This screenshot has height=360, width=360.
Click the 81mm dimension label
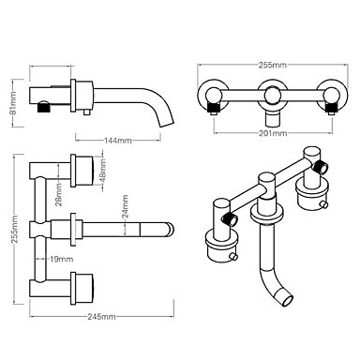pos(13,103)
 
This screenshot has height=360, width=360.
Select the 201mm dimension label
pos(273,133)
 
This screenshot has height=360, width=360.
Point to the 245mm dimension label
pos(101,317)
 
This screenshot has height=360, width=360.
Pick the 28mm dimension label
pos(59,194)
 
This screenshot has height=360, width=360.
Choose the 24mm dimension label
pos(125,206)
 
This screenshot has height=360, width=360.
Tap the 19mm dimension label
pos(62,259)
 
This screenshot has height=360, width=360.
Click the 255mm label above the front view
pos(273,65)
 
